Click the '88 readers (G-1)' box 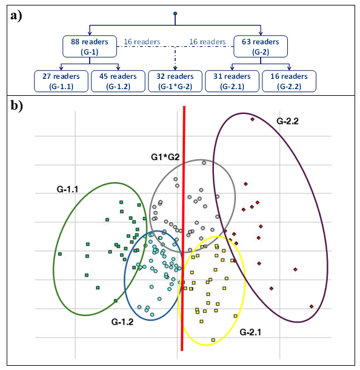point(90,46)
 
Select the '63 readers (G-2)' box point(261,46)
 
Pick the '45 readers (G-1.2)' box point(118,81)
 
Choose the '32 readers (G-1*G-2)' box point(175,81)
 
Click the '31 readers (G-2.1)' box point(232,81)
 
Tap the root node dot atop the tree point(175,13)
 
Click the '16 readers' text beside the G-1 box point(141,42)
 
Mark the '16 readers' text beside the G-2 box point(208,42)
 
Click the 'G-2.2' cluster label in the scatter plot point(288,121)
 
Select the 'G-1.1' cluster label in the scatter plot point(62,190)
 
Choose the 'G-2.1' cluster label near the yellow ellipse point(252,332)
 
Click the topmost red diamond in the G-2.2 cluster point(252,119)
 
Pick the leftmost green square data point point(59,254)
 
